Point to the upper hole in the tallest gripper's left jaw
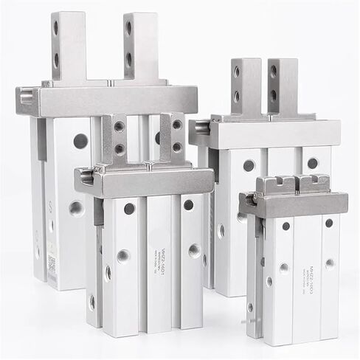[56, 28]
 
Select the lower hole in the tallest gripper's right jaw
[129, 58]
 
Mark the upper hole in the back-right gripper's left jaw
[237, 72]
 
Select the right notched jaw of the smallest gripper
[314, 183]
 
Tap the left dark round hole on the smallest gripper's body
[285, 226]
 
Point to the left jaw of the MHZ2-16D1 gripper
[114, 140]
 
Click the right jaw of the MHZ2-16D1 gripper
[172, 138]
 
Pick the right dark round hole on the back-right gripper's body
[312, 163]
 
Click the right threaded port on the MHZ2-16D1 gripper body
[194, 251]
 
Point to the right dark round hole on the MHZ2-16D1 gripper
[189, 205]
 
